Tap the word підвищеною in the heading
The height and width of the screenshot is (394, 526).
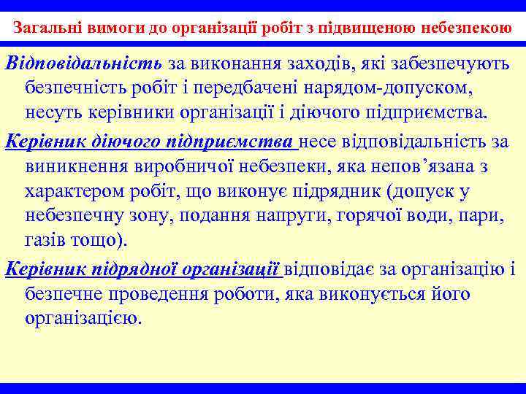click(x=376, y=30)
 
